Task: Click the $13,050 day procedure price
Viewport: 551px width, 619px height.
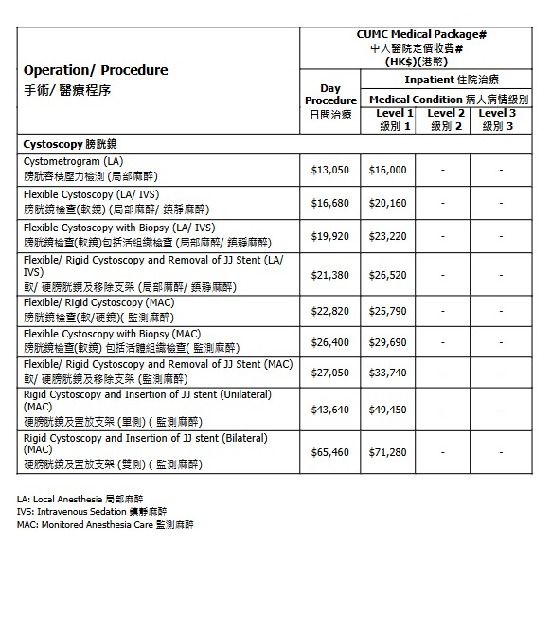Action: (330, 170)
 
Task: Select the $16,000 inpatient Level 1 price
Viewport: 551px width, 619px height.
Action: (387, 170)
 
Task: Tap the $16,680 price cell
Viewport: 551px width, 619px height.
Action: (330, 203)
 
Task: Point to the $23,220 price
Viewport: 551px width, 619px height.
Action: (387, 236)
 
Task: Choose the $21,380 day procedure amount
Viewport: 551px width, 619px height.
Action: (330, 274)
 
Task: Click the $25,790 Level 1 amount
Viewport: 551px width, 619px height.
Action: (387, 311)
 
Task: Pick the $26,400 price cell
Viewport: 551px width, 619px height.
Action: (330, 342)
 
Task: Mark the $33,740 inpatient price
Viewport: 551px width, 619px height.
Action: (387, 373)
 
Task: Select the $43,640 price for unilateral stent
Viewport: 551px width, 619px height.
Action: (330, 410)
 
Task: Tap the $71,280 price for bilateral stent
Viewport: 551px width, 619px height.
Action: (387, 452)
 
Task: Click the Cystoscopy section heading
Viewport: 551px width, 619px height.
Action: (68, 144)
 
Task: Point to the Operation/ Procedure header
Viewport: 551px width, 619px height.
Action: (95, 70)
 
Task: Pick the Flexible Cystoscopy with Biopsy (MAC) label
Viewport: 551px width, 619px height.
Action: (112, 334)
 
